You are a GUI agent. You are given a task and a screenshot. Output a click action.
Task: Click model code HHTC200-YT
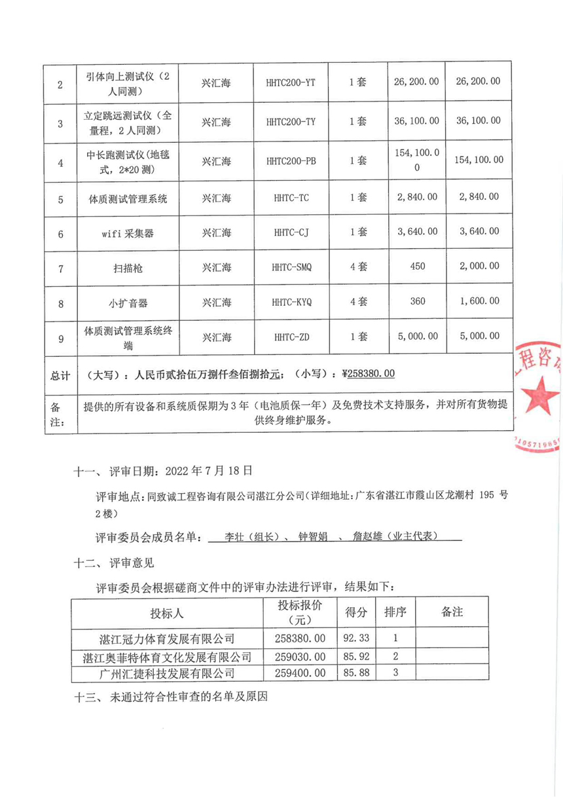pyautogui.click(x=291, y=83)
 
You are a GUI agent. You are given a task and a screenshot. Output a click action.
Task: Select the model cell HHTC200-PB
pyautogui.click(x=291, y=161)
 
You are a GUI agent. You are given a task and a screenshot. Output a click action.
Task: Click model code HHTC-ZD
pyautogui.click(x=291, y=337)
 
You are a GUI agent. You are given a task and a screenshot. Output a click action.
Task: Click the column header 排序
pyautogui.click(x=395, y=613)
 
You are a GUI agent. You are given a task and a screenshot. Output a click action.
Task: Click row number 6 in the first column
pyautogui.click(x=60, y=233)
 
